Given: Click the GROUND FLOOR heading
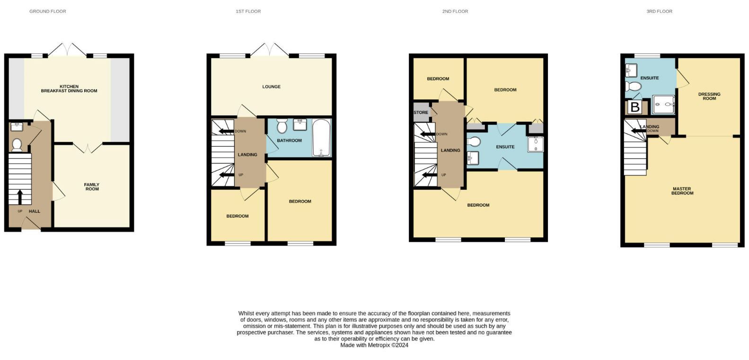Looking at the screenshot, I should point(48,11).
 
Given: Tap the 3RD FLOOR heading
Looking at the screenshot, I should point(659,11).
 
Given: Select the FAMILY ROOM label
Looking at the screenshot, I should point(92,187).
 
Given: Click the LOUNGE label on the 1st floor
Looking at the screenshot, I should point(272,87).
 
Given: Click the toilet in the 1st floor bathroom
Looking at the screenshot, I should point(282,126).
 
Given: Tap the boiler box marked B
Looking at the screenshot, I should point(635,107).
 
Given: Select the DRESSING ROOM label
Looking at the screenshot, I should point(709,96).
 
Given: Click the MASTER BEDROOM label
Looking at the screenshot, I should point(682,191).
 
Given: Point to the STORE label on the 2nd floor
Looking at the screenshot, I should point(421,113).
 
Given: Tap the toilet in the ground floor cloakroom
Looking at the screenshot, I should point(17,145).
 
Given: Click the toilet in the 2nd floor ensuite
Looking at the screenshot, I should point(474,141).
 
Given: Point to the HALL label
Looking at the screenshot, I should point(35,211).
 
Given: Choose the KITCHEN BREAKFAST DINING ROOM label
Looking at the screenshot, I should point(69,88).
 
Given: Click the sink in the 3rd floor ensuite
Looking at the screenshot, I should point(631,70).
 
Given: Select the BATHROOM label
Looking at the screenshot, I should point(289,140).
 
